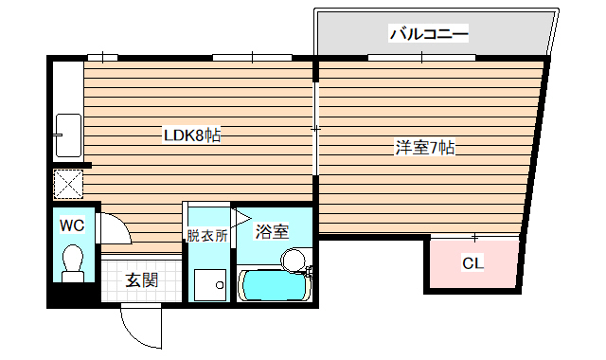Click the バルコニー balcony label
click(429, 35)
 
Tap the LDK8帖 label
click(192, 135)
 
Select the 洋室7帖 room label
click(425, 148)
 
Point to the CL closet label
click(472, 263)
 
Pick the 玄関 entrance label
click(141, 280)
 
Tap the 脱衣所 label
click(206, 236)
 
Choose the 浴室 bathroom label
click(274, 231)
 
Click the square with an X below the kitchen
click(68, 183)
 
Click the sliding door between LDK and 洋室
click(315, 128)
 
